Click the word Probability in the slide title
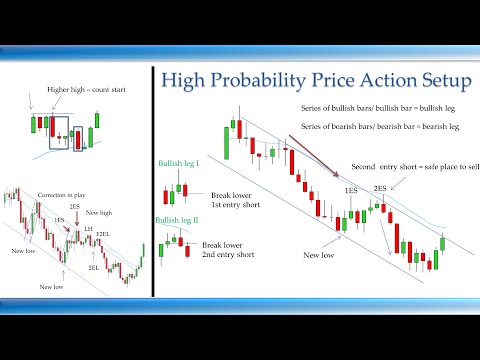[x=282, y=81]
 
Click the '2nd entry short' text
[x=227, y=255]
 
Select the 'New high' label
[x=99, y=212]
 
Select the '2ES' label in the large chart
[x=381, y=188]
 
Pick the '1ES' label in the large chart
[x=350, y=190]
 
